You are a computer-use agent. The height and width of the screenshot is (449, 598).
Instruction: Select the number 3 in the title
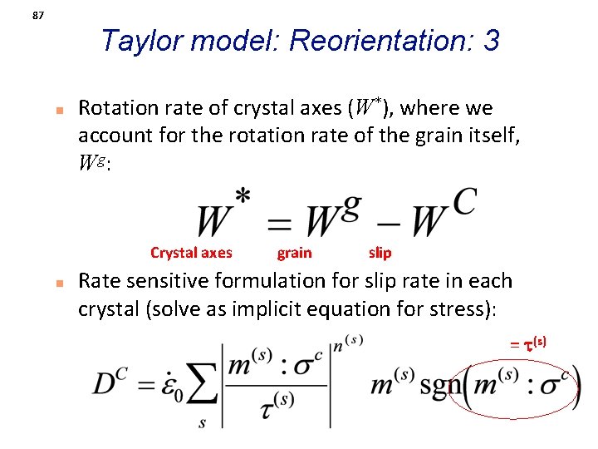tap(492, 40)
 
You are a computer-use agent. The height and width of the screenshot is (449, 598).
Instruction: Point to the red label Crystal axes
tap(191, 253)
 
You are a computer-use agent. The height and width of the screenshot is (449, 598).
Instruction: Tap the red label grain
tap(294, 253)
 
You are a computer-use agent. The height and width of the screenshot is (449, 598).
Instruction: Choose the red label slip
tap(380, 253)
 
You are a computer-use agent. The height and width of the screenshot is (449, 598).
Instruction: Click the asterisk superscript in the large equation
tap(243, 197)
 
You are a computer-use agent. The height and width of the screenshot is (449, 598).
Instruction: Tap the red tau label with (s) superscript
tap(529, 343)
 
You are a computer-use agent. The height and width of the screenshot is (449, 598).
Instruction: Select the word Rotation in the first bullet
tap(117, 108)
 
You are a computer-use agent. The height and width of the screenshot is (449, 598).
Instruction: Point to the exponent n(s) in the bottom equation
tap(347, 343)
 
